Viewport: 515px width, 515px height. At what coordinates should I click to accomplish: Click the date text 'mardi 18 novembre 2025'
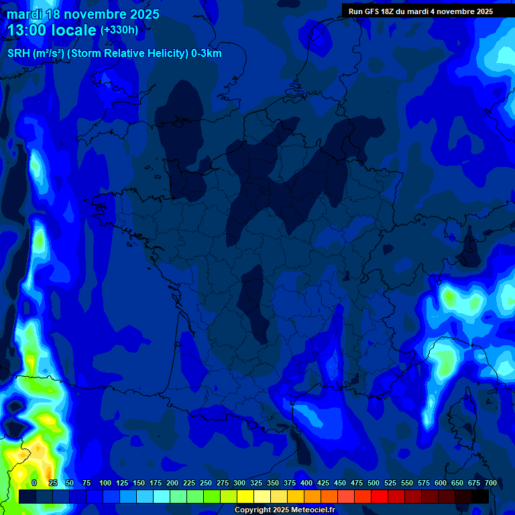coord(83,14)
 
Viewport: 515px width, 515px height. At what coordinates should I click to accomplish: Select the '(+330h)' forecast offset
coord(119,30)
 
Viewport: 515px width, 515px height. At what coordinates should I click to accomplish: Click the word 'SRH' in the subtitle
coord(17,54)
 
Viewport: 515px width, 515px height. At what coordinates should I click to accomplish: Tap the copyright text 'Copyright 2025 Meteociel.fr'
coord(284,510)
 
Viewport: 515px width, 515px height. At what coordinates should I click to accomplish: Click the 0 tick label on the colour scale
coord(34,483)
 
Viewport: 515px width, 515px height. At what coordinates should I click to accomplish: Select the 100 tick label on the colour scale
coord(105,483)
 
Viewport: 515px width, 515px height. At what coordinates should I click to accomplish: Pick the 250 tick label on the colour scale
coord(206,483)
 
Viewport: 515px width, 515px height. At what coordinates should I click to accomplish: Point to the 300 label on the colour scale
coord(239,483)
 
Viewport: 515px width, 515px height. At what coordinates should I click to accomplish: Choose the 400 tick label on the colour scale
coord(306,483)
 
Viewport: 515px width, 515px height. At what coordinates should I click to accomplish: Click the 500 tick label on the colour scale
coord(374,483)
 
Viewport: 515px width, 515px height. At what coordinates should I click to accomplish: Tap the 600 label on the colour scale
coord(441,483)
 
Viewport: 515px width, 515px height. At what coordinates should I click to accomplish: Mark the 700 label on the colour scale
coord(490,483)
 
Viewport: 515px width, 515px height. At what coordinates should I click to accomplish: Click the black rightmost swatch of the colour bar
coord(480,496)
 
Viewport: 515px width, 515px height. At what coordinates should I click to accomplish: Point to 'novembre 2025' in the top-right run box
coord(463,11)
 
